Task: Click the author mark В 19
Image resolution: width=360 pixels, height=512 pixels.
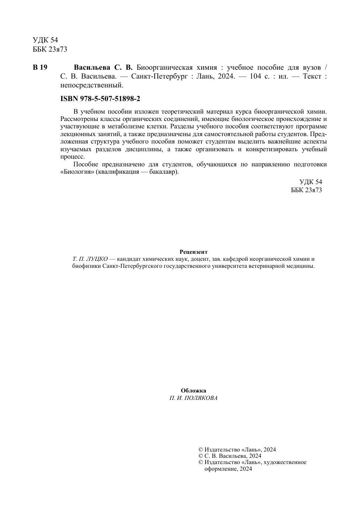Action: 40,68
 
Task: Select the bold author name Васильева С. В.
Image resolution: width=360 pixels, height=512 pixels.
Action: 103,68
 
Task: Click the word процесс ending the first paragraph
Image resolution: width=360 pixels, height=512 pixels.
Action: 72,156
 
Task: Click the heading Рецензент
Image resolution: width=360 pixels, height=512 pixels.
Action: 193,252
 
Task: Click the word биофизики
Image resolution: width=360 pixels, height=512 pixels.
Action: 86,266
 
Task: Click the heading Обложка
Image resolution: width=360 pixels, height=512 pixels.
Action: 193,391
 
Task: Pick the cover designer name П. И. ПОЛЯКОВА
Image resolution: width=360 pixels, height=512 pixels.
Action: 193,398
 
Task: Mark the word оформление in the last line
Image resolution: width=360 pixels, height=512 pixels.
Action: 220,469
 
